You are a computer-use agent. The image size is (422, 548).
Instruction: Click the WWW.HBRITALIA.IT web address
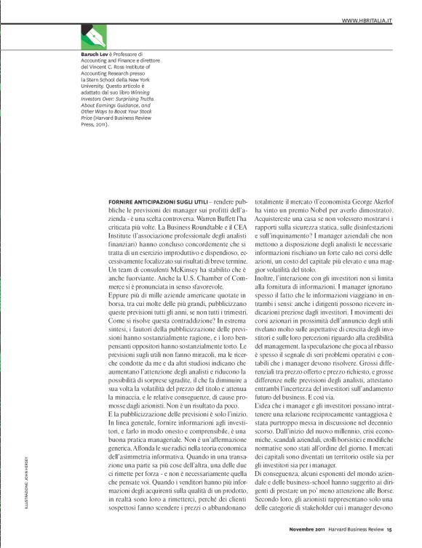coord(367,22)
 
